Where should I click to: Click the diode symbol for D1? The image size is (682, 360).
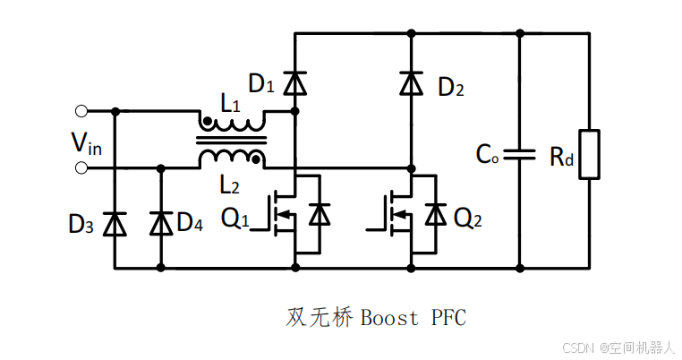294,84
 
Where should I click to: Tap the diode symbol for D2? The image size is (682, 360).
411,84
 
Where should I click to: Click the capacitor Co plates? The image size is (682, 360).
519,154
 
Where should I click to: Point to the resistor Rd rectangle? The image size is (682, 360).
588,154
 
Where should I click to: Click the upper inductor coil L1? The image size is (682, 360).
232,120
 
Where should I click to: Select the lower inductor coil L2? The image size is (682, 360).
232,159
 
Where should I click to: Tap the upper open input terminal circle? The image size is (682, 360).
81,111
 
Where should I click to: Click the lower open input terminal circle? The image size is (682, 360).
81,167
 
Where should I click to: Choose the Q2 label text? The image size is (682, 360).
472,218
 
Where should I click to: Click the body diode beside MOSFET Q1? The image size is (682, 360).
320,215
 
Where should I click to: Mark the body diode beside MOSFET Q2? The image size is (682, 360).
436,215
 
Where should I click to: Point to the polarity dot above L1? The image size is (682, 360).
208,121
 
